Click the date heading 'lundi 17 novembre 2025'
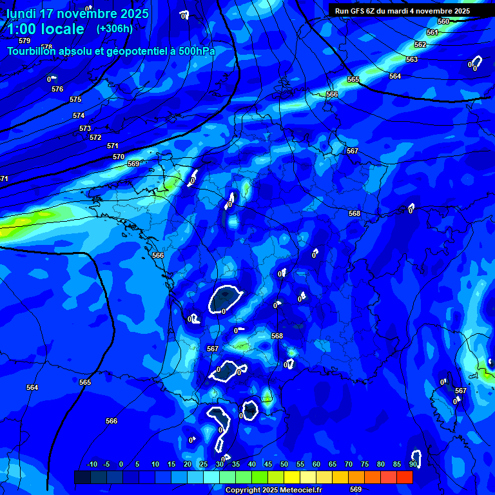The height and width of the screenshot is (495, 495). [77, 14]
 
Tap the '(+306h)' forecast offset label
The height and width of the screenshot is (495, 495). [115, 28]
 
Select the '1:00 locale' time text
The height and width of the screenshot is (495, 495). [46, 29]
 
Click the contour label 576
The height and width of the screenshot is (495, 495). [57, 89]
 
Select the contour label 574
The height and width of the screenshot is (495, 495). [79, 115]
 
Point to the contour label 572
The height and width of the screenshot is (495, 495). [95, 137]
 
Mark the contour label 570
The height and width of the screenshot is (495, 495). [119, 157]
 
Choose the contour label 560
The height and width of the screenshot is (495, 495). [443, 21]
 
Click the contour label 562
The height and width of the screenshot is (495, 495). [420, 44]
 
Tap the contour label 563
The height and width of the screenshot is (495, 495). [412, 59]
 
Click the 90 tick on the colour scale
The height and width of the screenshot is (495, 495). [412, 464]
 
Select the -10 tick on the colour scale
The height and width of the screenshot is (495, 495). [92, 464]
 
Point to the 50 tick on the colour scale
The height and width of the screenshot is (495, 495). [284, 464]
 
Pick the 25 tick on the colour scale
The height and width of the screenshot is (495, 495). [203, 464]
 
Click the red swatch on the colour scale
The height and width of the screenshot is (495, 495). [404, 477]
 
